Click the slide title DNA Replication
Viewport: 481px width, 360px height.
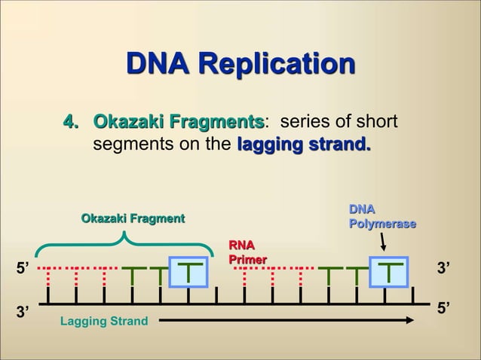pyautogui.click(x=240, y=66)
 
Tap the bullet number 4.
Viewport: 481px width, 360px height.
pyautogui.click(x=71, y=122)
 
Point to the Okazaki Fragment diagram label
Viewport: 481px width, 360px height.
pyautogui.click(x=133, y=218)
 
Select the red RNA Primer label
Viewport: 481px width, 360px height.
pyautogui.click(x=243, y=252)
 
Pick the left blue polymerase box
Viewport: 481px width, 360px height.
pyautogui.click(x=189, y=272)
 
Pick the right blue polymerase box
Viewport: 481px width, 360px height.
pyautogui.click(x=388, y=272)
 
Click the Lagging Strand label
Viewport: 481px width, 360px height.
pyautogui.click(x=104, y=322)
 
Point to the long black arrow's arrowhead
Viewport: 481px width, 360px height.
pyautogui.click(x=411, y=320)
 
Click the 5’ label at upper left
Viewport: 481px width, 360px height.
pyautogui.click(x=23, y=268)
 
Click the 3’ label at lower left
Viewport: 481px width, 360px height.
pyautogui.click(x=23, y=310)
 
